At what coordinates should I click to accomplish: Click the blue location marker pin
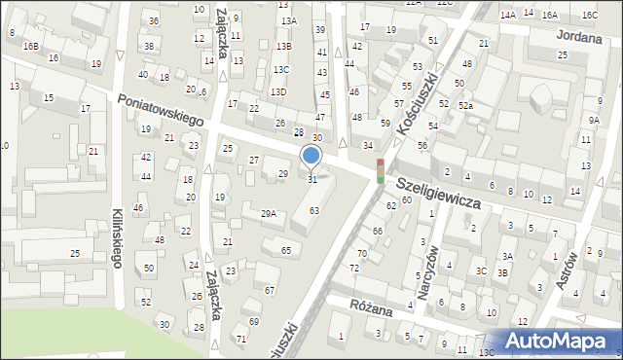tap(311, 156)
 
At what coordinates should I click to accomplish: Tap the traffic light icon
tap(380, 171)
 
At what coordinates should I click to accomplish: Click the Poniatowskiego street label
tap(161, 110)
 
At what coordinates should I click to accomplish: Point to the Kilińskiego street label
tap(115, 237)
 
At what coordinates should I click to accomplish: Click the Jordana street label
tap(578, 34)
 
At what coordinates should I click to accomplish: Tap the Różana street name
tap(374, 308)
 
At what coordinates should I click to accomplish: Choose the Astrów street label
tap(570, 276)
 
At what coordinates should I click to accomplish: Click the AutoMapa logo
tap(562, 342)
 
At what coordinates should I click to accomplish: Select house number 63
tap(314, 210)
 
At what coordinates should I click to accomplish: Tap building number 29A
tap(269, 213)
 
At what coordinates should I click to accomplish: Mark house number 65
tap(285, 251)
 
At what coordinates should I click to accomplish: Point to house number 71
tap(240, 339)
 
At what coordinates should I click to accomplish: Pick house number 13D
tap(278, 91)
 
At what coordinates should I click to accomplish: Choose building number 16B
tap(31, 46)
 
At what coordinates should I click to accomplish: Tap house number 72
tap(354, 267)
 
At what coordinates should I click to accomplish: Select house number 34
tap(368, 145)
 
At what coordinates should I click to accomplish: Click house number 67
tap(270, 290)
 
